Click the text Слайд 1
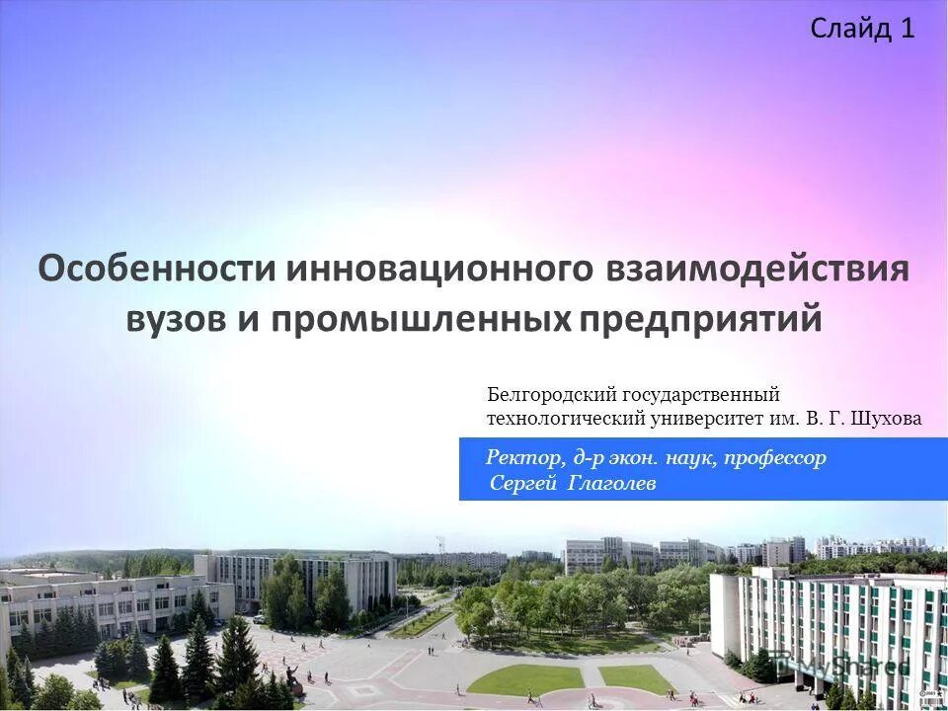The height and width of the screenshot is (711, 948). pyautogui.click(x=862, y=29)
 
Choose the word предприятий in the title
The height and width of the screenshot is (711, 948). pyautogui.click(x=700, y=319)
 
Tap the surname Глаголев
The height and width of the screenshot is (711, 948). pyautogui.click(x=612, y=483)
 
